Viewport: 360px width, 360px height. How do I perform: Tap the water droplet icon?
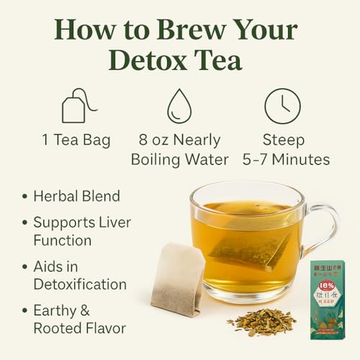coord(179,107)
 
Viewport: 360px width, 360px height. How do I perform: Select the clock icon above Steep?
coord(282,106)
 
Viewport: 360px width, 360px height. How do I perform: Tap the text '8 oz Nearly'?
coord(179,140)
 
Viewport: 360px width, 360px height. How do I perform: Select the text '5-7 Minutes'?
coord(282,159)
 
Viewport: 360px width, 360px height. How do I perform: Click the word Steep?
coord(282,140)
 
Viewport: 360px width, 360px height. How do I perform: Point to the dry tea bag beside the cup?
coord(176,278)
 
